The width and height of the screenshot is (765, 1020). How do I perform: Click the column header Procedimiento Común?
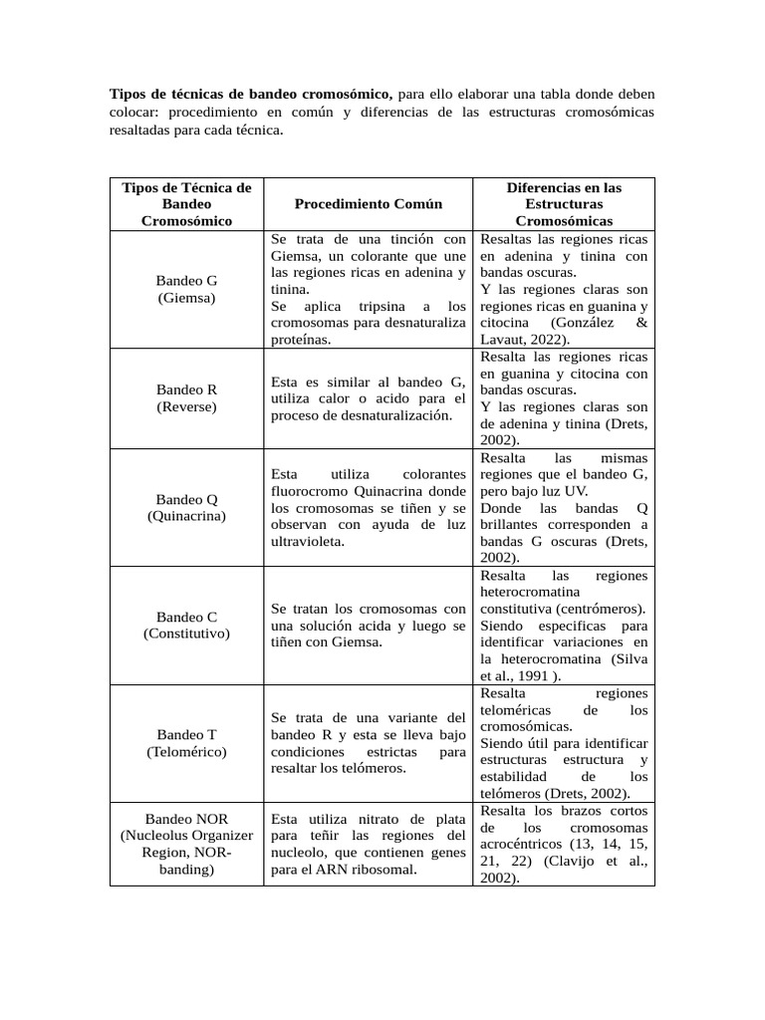click(369, 204)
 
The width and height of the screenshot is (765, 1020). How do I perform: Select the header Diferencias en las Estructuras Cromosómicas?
click(564, 204)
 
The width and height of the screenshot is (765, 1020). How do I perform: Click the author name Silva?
click(632, 658)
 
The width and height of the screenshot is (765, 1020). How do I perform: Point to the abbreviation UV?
click(577, 491)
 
